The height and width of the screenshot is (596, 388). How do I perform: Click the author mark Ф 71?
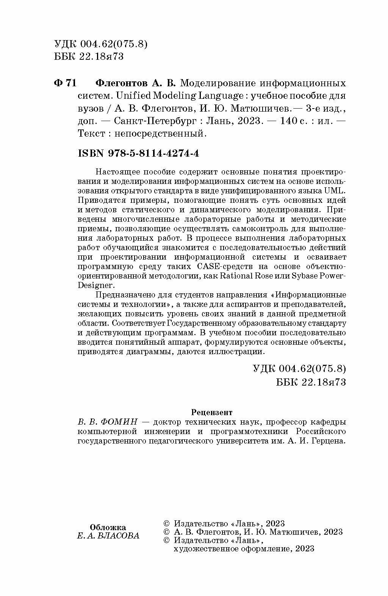(66, 83)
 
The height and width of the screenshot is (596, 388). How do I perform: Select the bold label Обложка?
(108, 527)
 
